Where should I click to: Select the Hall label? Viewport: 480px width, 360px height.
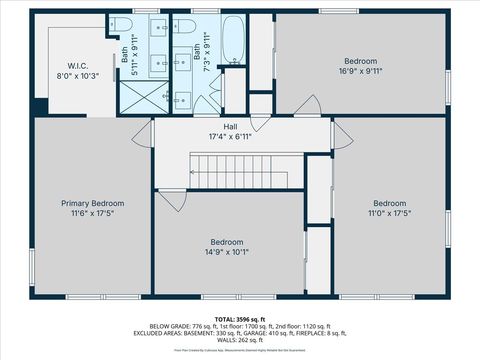pyautogui.click(x=230, y=127)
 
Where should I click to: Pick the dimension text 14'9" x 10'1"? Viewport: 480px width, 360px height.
pyautogui.click(x=226, y=252)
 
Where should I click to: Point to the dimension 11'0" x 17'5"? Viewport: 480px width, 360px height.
pyautogui.click(x=389, y=213)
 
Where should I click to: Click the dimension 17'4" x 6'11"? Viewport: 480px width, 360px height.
pyautogui.click(x=230, y=137)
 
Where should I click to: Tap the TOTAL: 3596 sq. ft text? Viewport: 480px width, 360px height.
pyautogui.click(x=239, y=318)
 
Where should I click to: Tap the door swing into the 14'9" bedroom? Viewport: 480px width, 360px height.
pyautogui.click(x=171, y=199)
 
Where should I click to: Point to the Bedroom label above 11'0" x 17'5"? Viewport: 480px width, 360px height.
pyautogui.click(x=389, y=203)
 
